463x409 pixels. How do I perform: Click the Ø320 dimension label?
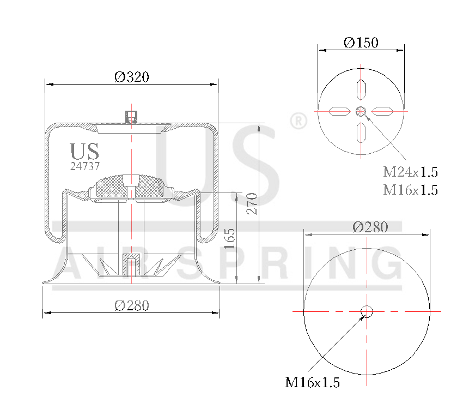pyautogui.click(x=131, y=77)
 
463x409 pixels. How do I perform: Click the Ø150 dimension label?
pyautogui.click(x=361, y=43)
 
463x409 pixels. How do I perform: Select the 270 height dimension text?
pyautogui.click(x=252, y=203)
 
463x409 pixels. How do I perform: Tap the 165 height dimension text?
pyautogui.click(x=230, y=238)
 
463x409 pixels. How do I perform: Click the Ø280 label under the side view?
pyautogui.click(x=131, y=305)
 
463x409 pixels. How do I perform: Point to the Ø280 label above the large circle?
pyautogui.click(x=370, y=227)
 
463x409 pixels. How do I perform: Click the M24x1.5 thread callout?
pyautogui.click(x=410, y=172)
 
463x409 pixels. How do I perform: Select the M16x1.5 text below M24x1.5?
pyautogui.click(x=410, y=190)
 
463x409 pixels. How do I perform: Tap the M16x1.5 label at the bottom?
pyautogui.click(x=312, y=382)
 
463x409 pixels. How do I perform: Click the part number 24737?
pyautogui.click(x=85, y=166)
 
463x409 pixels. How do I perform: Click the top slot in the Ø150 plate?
pyautogui.click(x=361, y=89)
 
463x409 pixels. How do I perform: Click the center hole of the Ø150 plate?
pyautogui.click(x=361, y=111)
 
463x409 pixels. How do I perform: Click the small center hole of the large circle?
pyautogui.click(x=367, y=311)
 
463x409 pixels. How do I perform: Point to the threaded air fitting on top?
pyautogui.click(x=131, y=116)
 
